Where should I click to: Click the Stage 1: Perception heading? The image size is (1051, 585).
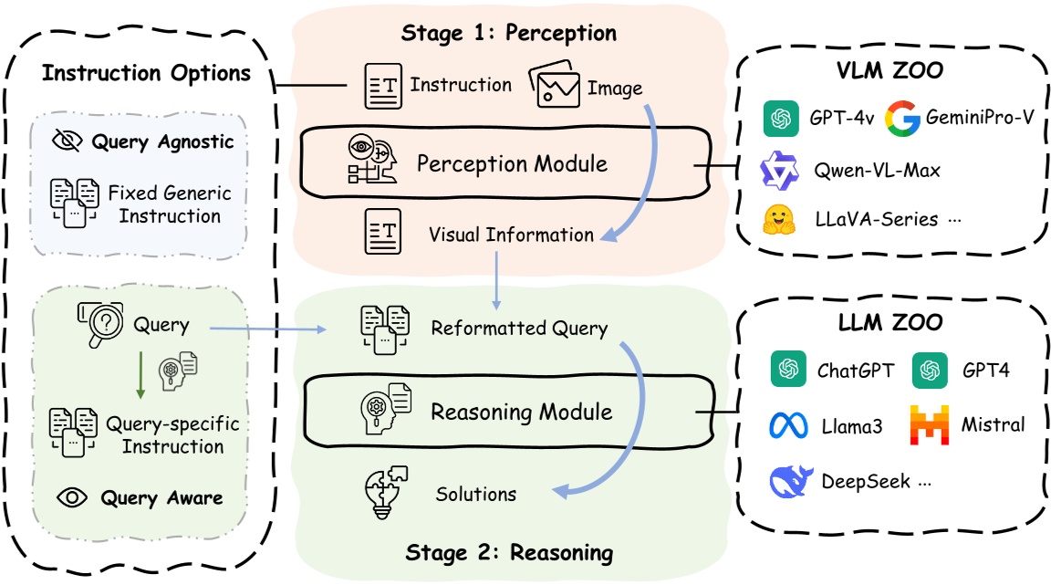tap(509, 34)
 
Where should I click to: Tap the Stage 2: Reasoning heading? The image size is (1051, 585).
tap(509, 552)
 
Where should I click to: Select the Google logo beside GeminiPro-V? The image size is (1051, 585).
tap(902, 120)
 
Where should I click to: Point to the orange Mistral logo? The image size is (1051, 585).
tap(930, 424)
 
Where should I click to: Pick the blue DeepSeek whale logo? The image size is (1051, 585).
tap(790, 480)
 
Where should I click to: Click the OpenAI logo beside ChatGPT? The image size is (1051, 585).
tap(786, 370)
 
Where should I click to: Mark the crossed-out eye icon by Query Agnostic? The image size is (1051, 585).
tap(68, 141)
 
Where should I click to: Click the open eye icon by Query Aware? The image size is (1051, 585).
tap(73, 497)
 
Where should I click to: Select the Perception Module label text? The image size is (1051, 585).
tap(512, 164)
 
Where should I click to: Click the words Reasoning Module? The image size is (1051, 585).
tap(521, 412)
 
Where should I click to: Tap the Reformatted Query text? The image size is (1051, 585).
tap(519, 329)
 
